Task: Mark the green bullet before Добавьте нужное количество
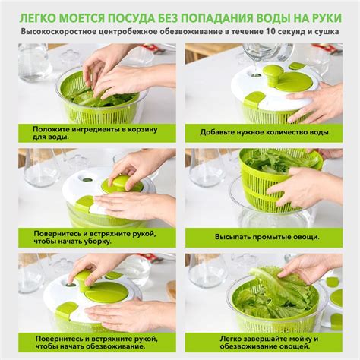pos(192,131)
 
